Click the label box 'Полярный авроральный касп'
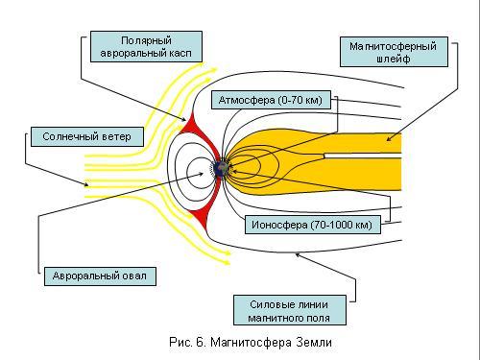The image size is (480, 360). click(x=146, y=46)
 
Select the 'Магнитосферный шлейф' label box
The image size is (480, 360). click(x=394, y=52)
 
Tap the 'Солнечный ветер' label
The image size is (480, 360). click(x=87, y=136)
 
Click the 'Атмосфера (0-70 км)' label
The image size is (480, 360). click(x=271, y=100)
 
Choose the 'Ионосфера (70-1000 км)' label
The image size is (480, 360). click(x=313, y=225)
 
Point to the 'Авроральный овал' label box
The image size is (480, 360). click(x=100, y=276)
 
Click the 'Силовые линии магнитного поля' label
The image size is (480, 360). click(x=290, y=310)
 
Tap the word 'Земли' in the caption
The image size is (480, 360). click(x=314, y=343)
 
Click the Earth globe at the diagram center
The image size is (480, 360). click(x=221, y=169)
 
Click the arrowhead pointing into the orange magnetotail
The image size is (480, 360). click(x=389, y=139)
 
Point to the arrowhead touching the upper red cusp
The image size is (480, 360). click(x=183, y=120)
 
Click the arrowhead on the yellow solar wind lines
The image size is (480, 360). click(x=85, y=184)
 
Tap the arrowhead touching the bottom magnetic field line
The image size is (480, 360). click(x=298, y=254)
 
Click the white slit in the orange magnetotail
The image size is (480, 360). click(x=363, y=156)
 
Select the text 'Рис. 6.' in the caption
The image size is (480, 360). click(x=187, y=343)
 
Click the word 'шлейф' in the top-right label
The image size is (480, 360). click(x=394, y=59)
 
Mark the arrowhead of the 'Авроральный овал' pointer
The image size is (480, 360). click(x=201, y=174)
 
